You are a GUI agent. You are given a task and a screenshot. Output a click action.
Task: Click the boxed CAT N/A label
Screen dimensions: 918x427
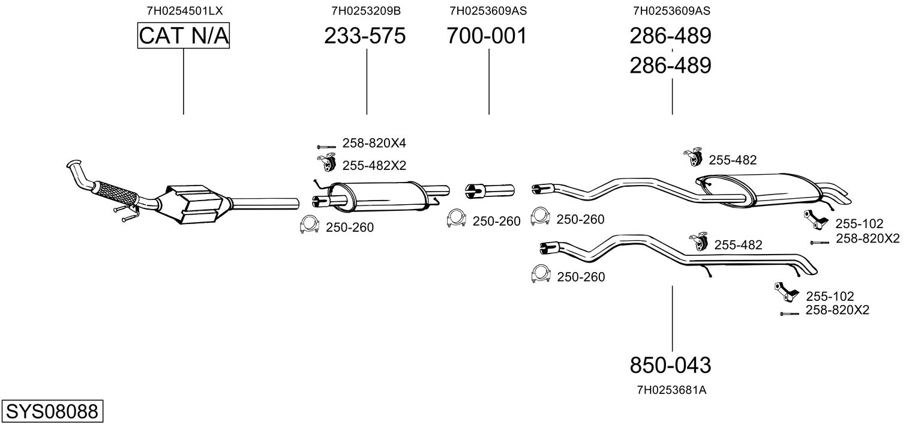pyautogui.click(x=183, y=35)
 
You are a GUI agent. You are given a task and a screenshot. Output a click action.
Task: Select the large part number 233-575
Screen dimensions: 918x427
pyautogui.click(x=365, y=35)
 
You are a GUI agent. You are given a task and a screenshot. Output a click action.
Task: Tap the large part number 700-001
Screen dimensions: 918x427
pyautogui.click(x=487, y=35)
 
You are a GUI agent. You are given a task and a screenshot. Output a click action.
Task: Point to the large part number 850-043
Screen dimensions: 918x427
pyautogui.click(x=670, y=365)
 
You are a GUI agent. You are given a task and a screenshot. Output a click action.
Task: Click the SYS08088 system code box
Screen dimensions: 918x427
pyautogui.click(x=52, y=411)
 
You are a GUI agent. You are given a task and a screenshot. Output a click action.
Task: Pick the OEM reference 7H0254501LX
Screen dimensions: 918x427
pyautogui.click(x=184, y=11)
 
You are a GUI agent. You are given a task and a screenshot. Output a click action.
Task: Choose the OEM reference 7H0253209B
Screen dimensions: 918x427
pyautogui.click(x=366, y=11)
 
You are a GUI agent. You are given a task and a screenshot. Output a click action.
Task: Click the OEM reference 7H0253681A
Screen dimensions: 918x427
pyautogui.click(x=671, y=390)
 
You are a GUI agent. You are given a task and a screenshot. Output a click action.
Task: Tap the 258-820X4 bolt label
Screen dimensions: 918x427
pyautogui.click(x=374, y=143)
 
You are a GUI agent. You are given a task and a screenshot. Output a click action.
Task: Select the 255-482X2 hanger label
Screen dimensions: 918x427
pyautogui.click(x=374, y=165)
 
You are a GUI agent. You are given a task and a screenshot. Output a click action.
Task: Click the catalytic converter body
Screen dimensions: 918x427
pyautogui.click(x=193, y=204)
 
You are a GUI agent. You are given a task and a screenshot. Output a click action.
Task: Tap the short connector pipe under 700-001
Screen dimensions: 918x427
pyautogui.click(x=490, y=191)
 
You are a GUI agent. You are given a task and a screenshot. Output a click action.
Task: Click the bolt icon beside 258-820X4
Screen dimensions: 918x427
pyautogui.click(x=326, y=147)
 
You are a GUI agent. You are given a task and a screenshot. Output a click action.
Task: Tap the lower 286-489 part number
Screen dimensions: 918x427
pyautogui.click(x=670, y=65)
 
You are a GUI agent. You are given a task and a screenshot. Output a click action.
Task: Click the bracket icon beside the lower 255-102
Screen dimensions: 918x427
pyautogui.click(x=786, y=292)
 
